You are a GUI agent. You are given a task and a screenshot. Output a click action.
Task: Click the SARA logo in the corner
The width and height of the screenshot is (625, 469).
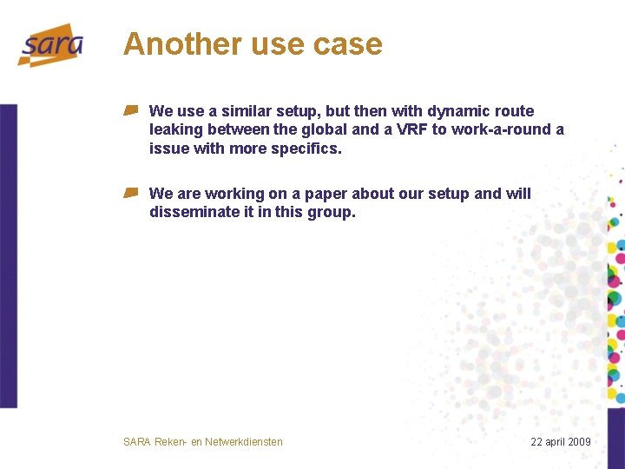51,45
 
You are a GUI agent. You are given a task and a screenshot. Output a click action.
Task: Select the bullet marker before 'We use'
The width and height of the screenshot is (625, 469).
131,110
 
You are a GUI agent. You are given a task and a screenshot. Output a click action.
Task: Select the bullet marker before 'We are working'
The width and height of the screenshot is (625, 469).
131,193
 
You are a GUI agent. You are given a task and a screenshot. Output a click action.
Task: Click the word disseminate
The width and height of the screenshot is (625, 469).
191,212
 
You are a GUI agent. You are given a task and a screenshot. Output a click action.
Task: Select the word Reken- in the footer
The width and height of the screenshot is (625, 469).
171,442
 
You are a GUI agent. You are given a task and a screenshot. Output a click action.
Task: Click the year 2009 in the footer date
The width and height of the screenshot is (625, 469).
577,442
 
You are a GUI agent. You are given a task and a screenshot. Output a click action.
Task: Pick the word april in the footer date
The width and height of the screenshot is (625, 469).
554,442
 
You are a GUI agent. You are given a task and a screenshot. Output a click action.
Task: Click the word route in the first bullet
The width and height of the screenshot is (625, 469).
514,111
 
